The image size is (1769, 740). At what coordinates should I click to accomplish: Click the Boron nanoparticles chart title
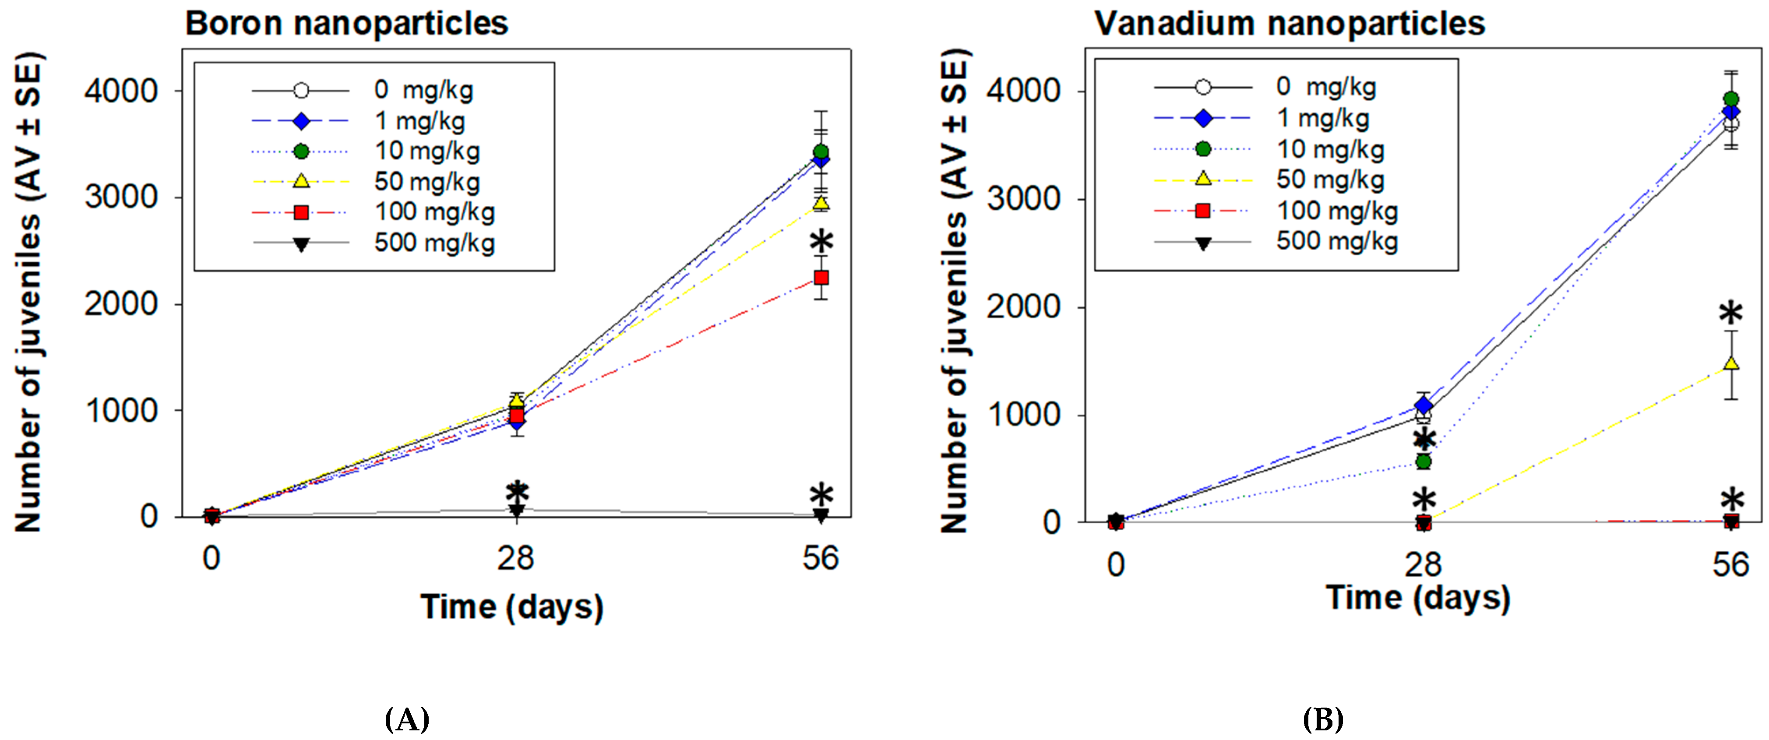coord(347,24)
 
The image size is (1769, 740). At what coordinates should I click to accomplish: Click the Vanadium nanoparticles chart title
coord(1289,24)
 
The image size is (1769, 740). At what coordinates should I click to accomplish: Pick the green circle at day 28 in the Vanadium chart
coord(1424,462)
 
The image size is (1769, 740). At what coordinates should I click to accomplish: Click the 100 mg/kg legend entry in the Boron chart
coord(434,212)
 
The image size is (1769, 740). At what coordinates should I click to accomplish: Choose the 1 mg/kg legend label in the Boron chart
coord(419,121)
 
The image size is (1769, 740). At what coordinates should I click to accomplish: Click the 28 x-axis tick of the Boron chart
coord(516,558)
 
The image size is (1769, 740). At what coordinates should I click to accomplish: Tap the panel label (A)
coord(407,719)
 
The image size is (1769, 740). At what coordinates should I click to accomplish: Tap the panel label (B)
coord(1323,719)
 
